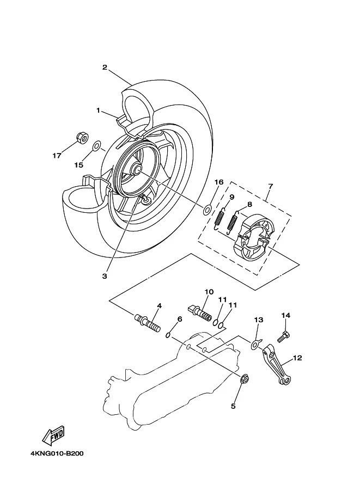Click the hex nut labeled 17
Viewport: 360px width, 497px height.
coord(82,138)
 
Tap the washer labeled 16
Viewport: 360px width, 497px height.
coord(208,209)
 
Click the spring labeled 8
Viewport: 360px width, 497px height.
coord(233,222)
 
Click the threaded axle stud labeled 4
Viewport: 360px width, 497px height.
coord(148,323)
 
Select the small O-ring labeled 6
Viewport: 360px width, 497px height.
coord(169,335)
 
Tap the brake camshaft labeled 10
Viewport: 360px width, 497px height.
coord(200,313)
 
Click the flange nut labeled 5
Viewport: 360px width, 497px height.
coord(244,378)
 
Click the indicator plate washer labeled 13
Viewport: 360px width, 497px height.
coord(255,345)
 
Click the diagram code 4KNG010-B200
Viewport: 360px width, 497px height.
coord(57,453)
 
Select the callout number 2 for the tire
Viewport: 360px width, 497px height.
coord(105,67)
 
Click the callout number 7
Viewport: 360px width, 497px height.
coord(270,186)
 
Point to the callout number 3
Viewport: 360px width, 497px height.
coord(105,276)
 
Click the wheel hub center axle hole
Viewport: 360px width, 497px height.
coord(138,169)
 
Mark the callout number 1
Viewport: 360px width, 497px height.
coord(99,111)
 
